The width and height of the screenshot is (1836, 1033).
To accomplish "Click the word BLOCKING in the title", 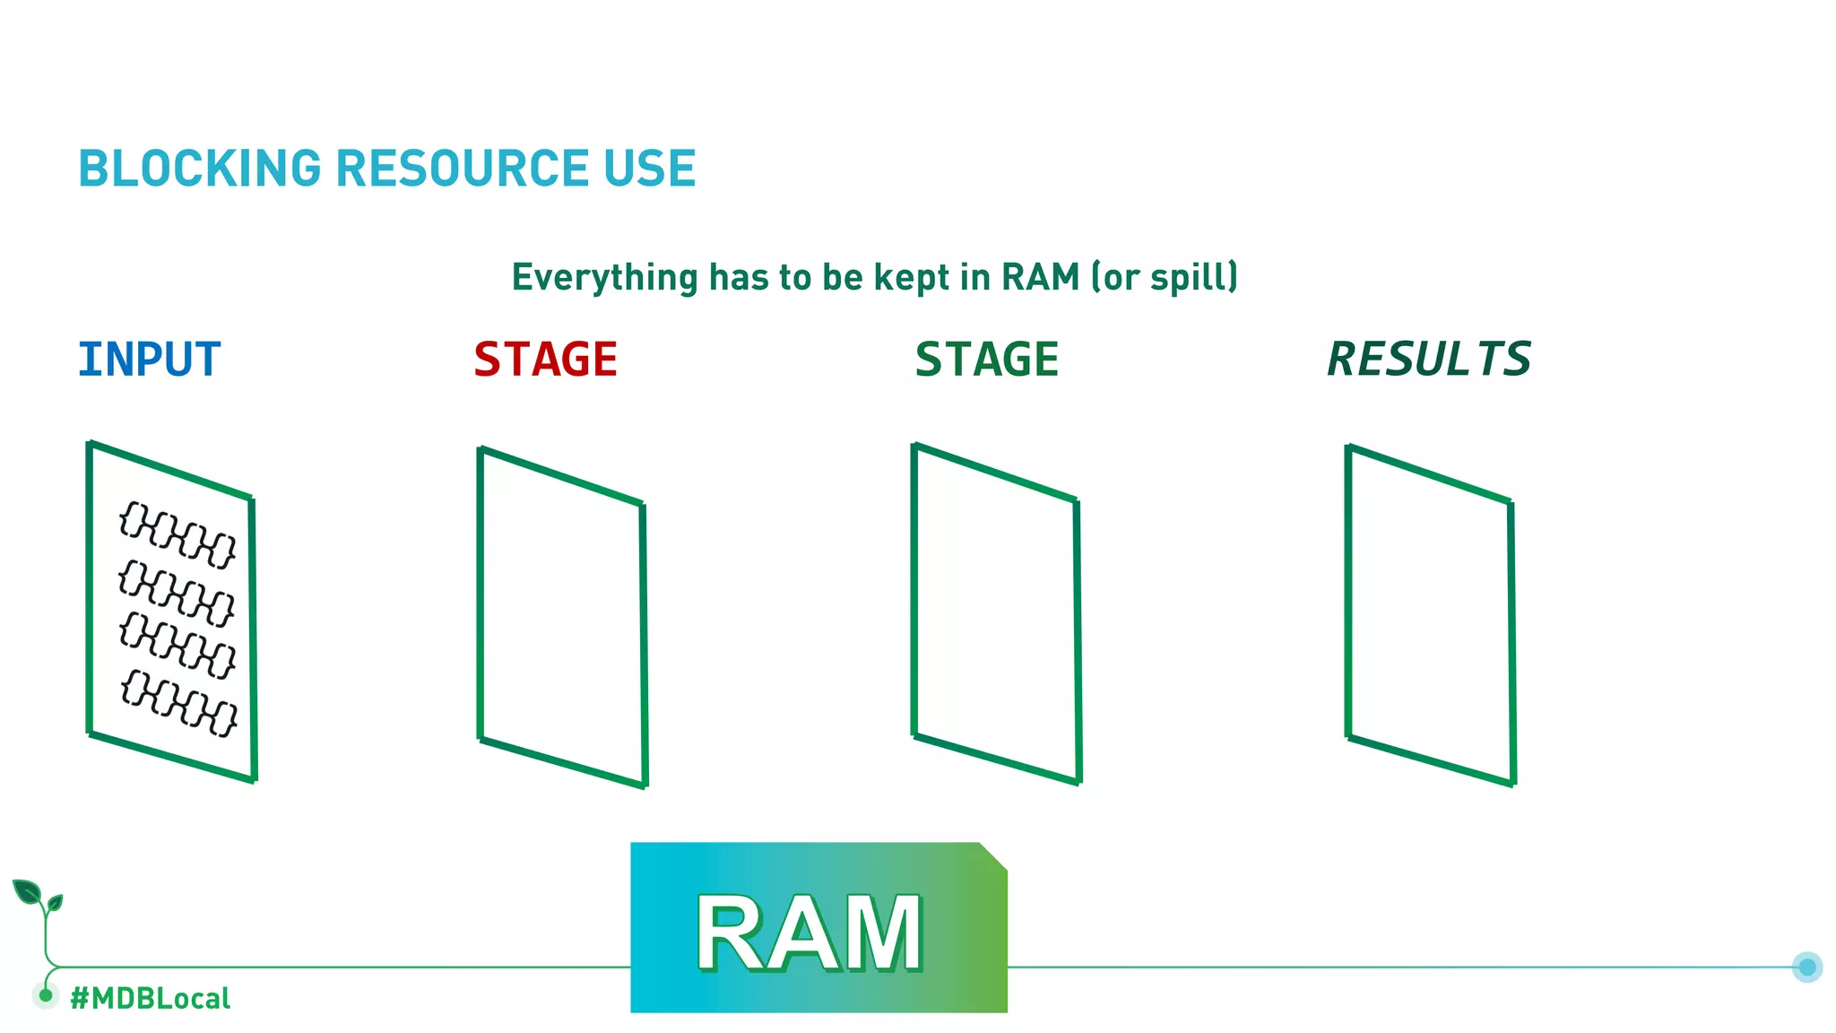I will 200,169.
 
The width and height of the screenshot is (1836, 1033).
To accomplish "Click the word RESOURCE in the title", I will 462,169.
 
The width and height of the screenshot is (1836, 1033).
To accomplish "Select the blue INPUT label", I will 150,360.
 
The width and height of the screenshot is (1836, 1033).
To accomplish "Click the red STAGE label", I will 546,360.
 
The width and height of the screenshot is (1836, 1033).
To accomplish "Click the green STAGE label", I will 987,360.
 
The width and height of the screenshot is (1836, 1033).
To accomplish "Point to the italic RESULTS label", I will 1429,360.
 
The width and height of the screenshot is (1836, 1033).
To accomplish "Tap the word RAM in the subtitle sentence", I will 1040,277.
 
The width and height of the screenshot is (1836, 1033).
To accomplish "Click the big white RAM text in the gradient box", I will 810,934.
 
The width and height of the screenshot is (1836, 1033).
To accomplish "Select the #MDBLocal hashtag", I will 151,998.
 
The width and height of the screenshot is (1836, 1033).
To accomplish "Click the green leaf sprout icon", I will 36,897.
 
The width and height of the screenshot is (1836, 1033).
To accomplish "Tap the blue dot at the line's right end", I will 1807,967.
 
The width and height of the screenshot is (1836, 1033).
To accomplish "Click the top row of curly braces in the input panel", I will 178,535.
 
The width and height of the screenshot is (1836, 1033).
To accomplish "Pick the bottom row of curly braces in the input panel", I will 179,703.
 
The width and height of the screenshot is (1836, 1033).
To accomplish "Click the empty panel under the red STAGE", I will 562,619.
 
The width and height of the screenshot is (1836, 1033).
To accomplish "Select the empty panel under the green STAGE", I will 996,615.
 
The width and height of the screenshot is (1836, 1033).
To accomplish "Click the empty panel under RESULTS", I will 1430,617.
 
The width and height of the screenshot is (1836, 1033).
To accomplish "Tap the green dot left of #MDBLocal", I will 46,994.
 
